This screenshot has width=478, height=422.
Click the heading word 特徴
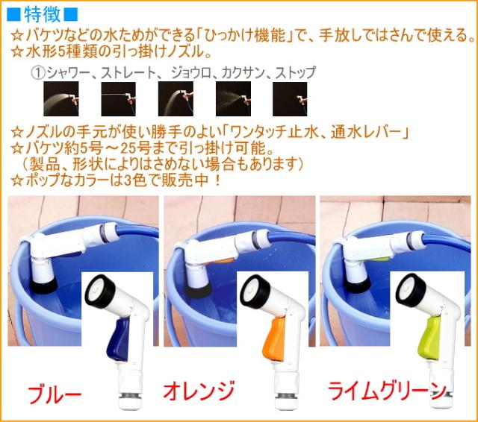pyautogui.click(x=43, y=15)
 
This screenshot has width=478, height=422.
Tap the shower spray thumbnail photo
pyautogui.click(x=61, y=98)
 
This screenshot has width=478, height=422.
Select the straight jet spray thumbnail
pyautogui.click(x=118, y=98)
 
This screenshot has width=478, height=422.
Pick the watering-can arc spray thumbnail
pyautogui.click(x=176, y=98)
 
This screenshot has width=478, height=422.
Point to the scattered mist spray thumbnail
pyautogui.click(x=233, y=98)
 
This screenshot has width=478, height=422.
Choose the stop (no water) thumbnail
pyautogui.click(x=290, y=98)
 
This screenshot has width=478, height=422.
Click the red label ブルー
pyautogui.click(x=55, y=394)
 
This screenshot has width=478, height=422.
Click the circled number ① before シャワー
pyautogui.click(x=38, y=73)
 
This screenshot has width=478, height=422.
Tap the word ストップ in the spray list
pyautogui.click(x=296, y=73)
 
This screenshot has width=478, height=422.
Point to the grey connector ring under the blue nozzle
pyautogui.click(x=129, y=395)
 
